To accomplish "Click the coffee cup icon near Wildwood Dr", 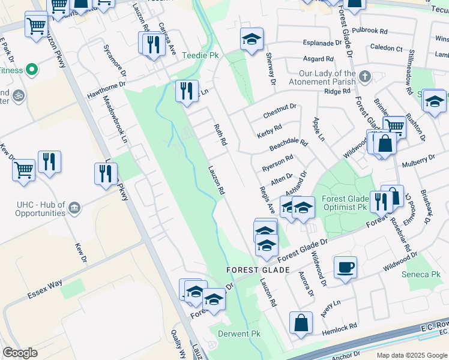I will [345, 267].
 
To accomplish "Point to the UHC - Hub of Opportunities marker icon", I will [74, 208].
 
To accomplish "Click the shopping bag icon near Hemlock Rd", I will [301, 323].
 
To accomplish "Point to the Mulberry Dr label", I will [418, 161].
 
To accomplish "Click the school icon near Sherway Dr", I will [252, 40].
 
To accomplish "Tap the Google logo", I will [20, 352].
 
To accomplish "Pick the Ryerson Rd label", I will [277, 162].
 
